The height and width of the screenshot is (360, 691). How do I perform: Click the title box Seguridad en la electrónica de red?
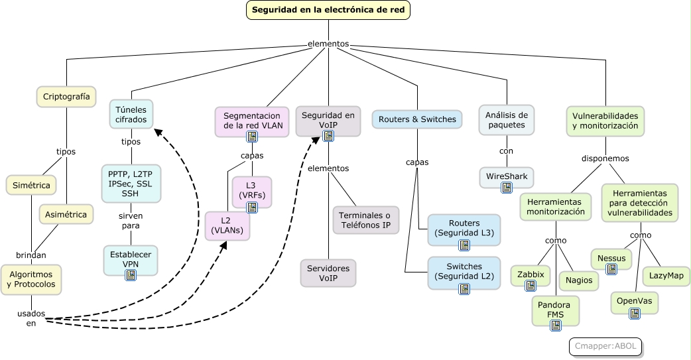329,10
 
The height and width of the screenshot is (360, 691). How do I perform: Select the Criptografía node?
66,97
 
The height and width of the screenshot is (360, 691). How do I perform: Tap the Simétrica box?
31,185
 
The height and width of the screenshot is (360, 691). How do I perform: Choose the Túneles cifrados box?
131,114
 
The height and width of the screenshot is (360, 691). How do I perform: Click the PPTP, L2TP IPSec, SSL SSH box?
131,183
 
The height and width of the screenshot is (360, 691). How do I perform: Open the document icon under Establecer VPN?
131,274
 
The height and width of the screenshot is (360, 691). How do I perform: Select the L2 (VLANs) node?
227,225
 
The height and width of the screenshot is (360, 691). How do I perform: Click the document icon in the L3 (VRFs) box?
252,207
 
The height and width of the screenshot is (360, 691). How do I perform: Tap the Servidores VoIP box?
328,272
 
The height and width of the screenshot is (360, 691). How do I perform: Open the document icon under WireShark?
507,188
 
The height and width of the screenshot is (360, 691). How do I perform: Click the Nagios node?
579,280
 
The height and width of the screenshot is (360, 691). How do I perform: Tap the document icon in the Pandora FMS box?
555,325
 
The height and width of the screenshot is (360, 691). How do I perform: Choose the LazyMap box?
666,276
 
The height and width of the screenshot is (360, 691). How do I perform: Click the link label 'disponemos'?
605,159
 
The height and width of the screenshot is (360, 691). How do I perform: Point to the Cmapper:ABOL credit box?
605,346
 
